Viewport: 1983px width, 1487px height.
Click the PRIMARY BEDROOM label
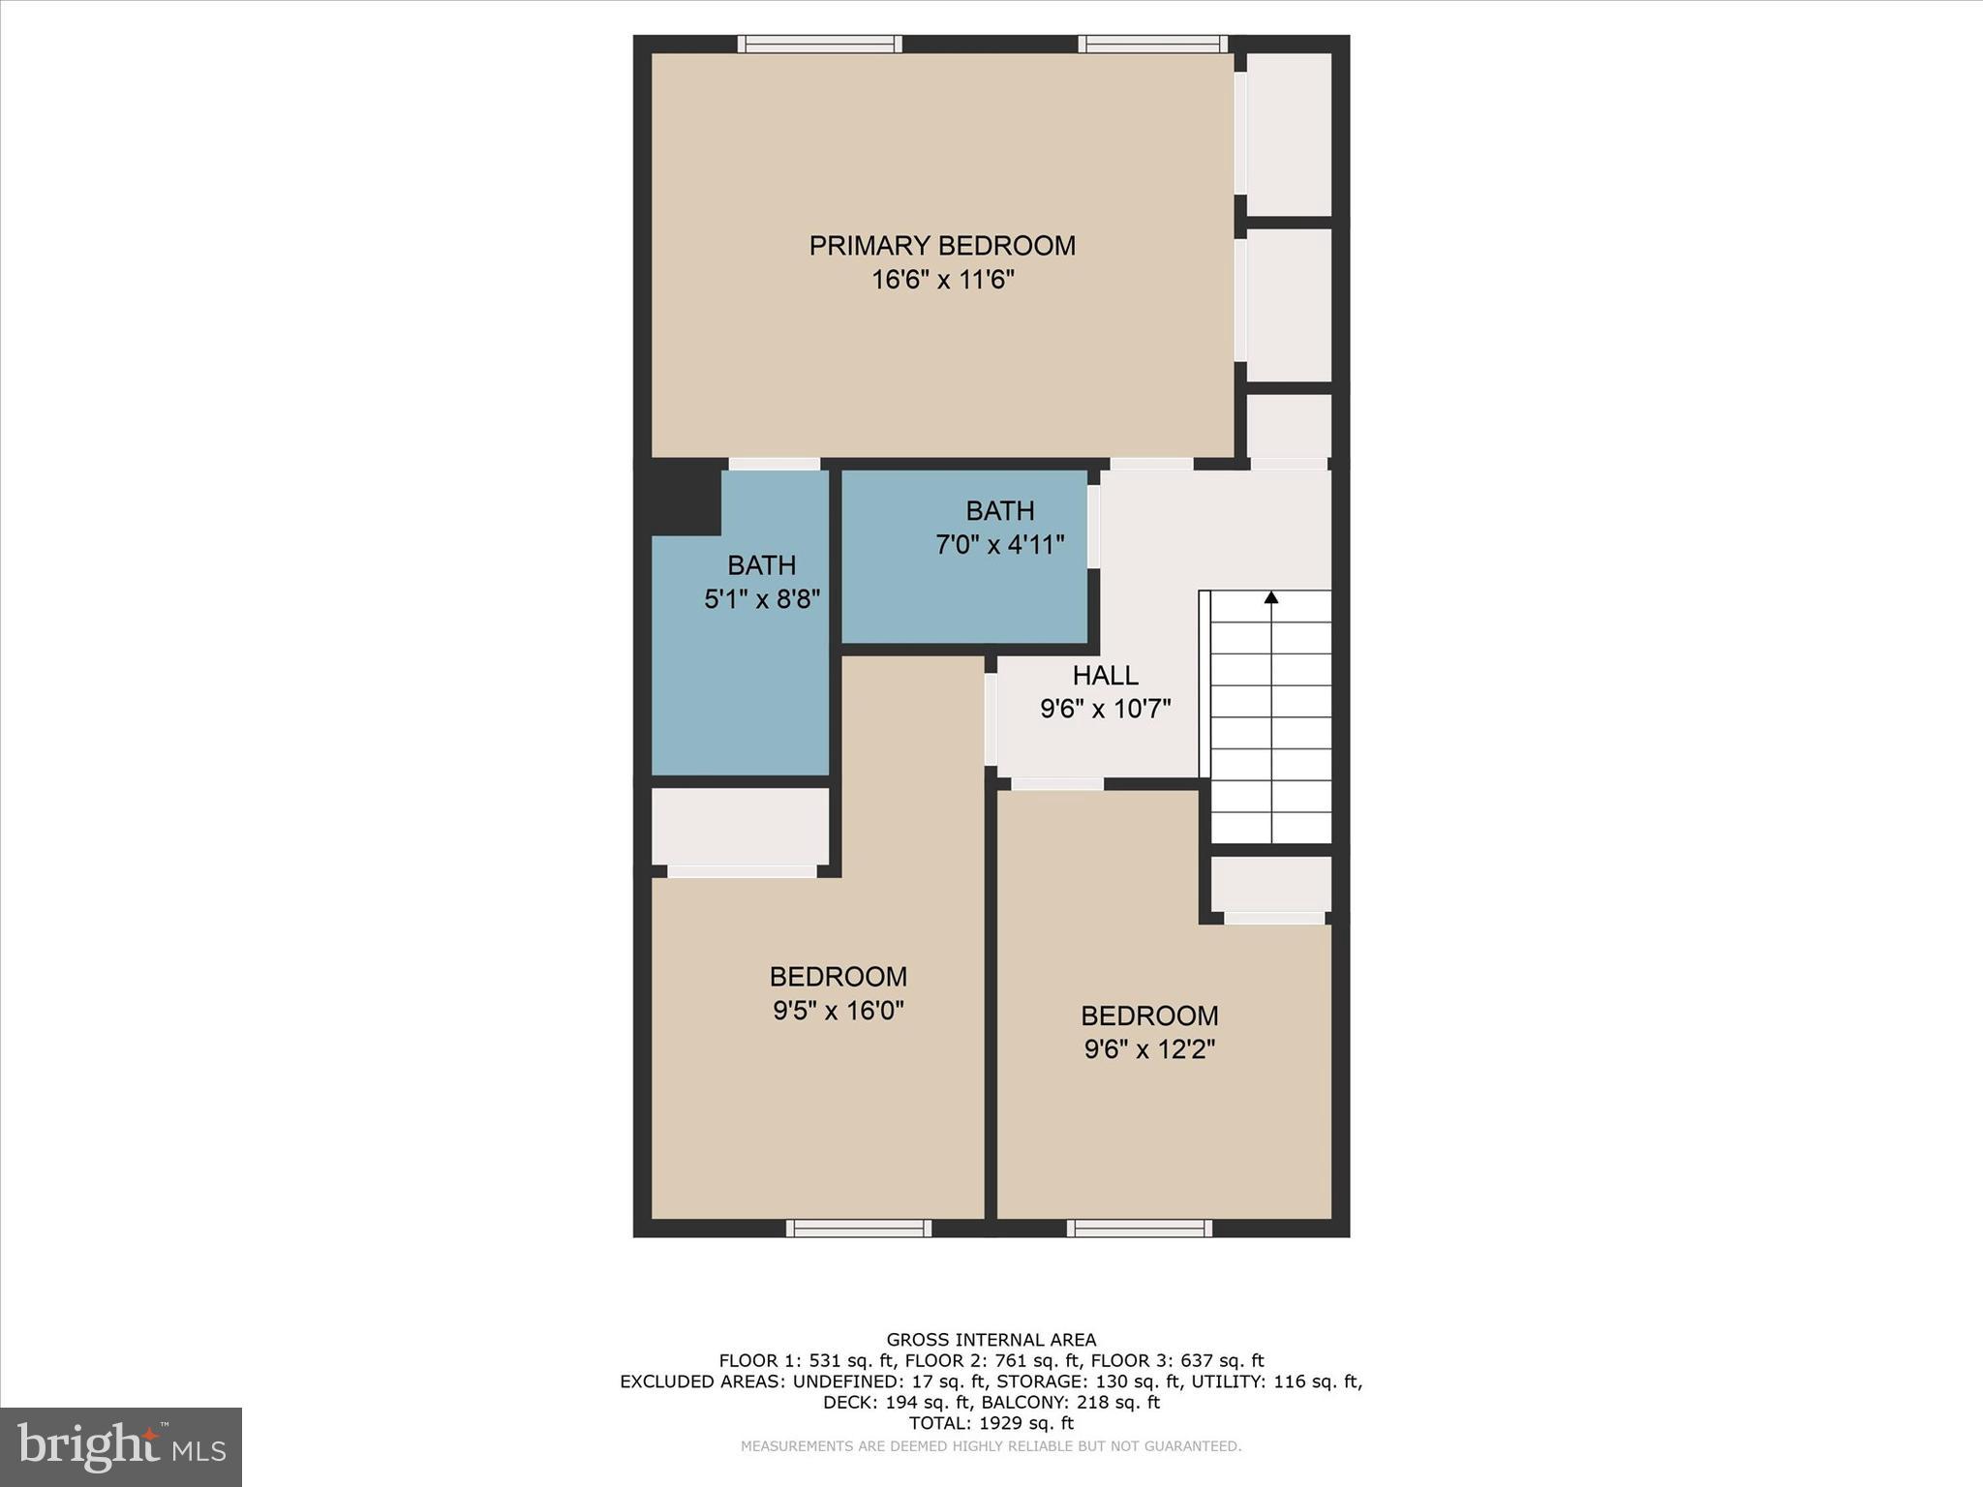[942, 246]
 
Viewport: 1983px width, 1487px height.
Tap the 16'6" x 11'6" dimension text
[942, 281]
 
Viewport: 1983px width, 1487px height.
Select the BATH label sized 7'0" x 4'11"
[999, 511]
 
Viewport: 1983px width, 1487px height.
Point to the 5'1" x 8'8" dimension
[762, 600]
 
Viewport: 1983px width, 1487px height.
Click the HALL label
[1105, 676]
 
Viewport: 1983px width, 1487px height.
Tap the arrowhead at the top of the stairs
[1270, 598]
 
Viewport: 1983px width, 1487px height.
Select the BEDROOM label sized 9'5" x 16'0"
[838, 976]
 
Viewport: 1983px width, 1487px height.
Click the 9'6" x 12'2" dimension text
[1149, 1049]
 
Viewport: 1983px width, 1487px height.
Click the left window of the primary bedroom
[819, 44]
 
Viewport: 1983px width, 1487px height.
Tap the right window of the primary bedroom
[1152, 44]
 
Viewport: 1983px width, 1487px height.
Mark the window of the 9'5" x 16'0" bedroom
[858, 1229]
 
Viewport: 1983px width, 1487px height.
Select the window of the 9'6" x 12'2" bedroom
[1139, 1229]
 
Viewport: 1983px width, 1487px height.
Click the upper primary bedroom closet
[1289, 134]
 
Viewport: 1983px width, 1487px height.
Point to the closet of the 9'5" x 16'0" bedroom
[740, 826]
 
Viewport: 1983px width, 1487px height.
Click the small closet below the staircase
[1270, 883]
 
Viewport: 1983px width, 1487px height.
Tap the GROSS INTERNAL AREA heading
[991, 1340]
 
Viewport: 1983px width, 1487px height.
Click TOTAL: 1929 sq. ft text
[991, 1423]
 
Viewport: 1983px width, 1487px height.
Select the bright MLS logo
[121, 1447]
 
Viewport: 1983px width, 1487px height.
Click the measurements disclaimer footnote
[991, 1446]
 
